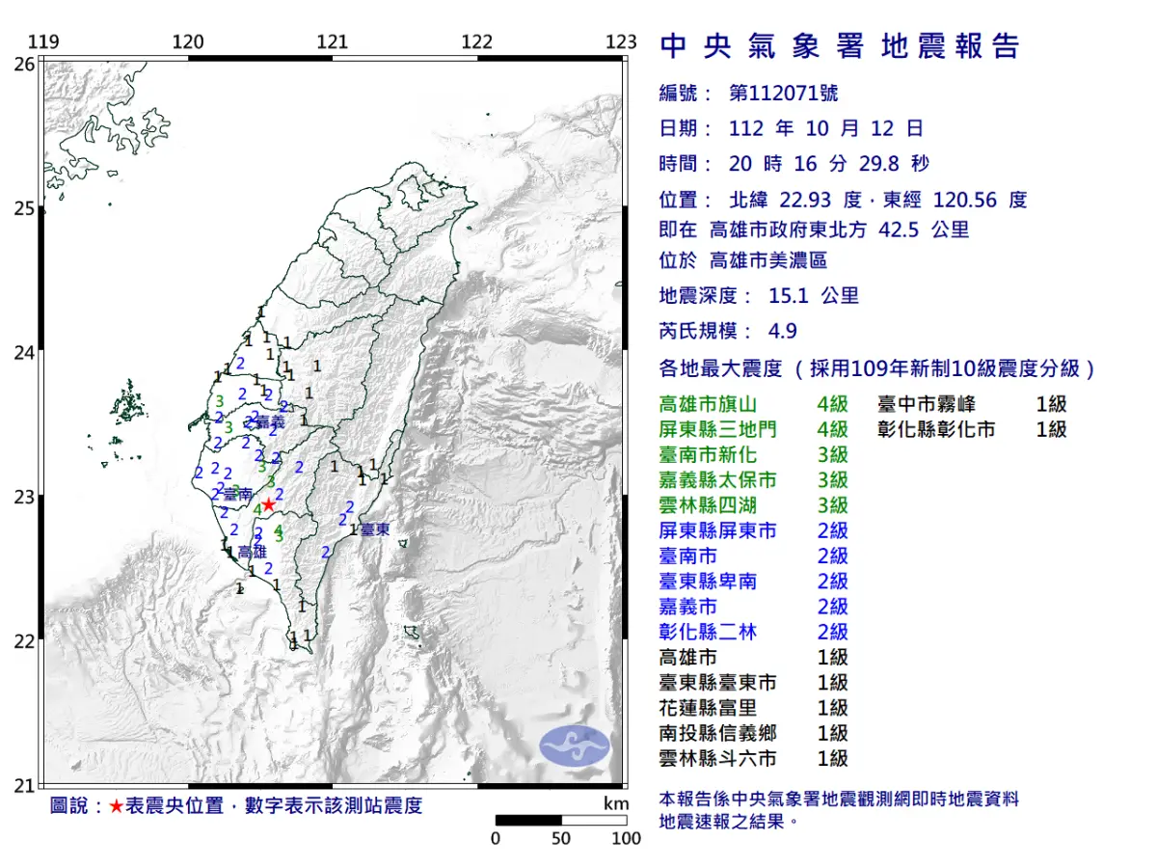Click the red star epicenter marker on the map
point(269,504)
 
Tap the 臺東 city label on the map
point(376,529)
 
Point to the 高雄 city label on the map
point(252,552)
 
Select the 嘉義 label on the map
point(270,422)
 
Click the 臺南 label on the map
point(237,493)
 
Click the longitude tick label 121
point(333,42)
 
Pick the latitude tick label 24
point(24,353)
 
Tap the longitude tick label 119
point(43,42)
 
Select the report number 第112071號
point(783,94)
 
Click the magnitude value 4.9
point(782,331)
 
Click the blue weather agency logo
point(575,746)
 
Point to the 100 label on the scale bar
point(626,838)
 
